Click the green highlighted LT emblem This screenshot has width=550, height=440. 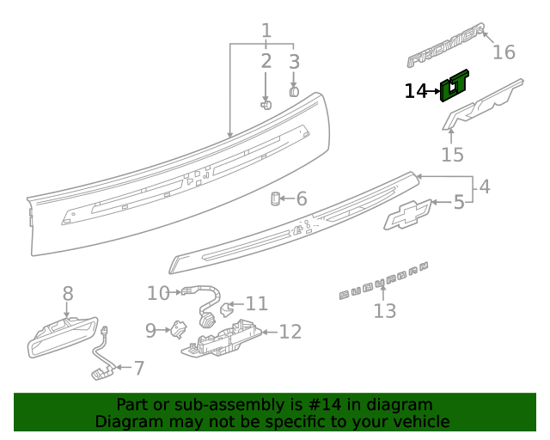[455, 86]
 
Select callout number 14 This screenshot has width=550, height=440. [415, 90]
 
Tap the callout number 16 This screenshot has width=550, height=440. [504, 52]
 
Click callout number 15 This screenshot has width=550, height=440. [452, 155]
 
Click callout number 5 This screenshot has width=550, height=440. [458, 203]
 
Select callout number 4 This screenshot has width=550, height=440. [485, 186]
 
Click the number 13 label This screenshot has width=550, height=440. [384, 310]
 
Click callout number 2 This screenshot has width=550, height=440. [266, 61]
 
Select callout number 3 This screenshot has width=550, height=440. [294, 62]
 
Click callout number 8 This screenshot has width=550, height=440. [68, 295]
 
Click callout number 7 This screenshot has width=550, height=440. [138, 369]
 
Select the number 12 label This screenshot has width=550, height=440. [290, 332]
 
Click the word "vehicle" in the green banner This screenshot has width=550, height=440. [419, 422]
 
